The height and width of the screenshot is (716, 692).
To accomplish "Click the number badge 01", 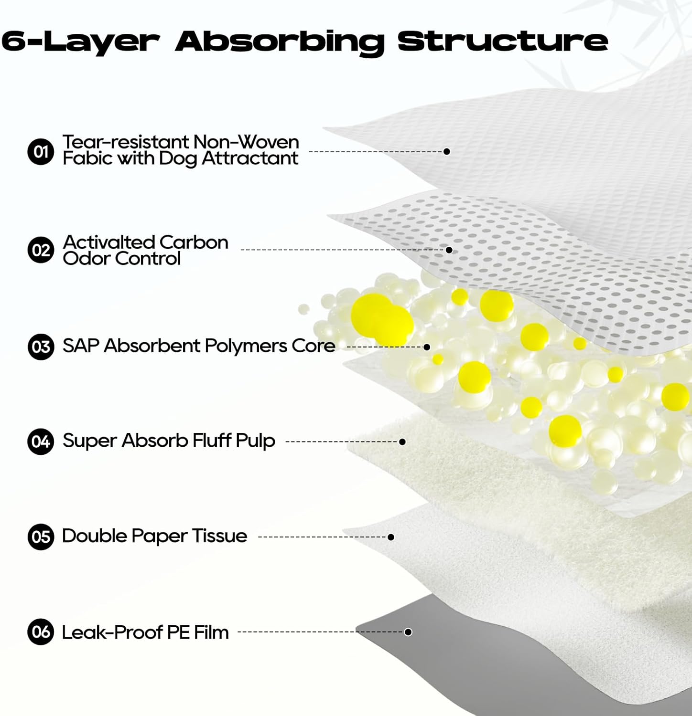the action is [41, 152].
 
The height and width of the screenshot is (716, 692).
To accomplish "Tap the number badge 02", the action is [41, 250].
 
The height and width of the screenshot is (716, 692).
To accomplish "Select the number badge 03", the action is [41, 347].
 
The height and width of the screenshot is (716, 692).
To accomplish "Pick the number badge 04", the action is [41, 442].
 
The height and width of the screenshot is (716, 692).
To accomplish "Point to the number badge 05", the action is [41, 537].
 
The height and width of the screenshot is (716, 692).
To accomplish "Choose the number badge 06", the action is [41, 632].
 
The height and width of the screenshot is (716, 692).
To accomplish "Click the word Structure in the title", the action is [503, 41].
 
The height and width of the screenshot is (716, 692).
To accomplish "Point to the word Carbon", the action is [194, 242].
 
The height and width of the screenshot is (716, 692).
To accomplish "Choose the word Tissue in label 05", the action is [220, 536].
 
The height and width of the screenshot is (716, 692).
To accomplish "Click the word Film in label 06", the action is [211, 632].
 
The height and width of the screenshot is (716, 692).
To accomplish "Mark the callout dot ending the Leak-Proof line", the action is [408, 632].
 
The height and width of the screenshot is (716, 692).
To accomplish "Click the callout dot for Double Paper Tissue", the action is [391, 537].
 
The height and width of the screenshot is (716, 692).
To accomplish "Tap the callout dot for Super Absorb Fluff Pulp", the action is [402, 442].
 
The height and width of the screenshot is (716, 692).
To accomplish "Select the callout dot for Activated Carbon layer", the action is [449, 250].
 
